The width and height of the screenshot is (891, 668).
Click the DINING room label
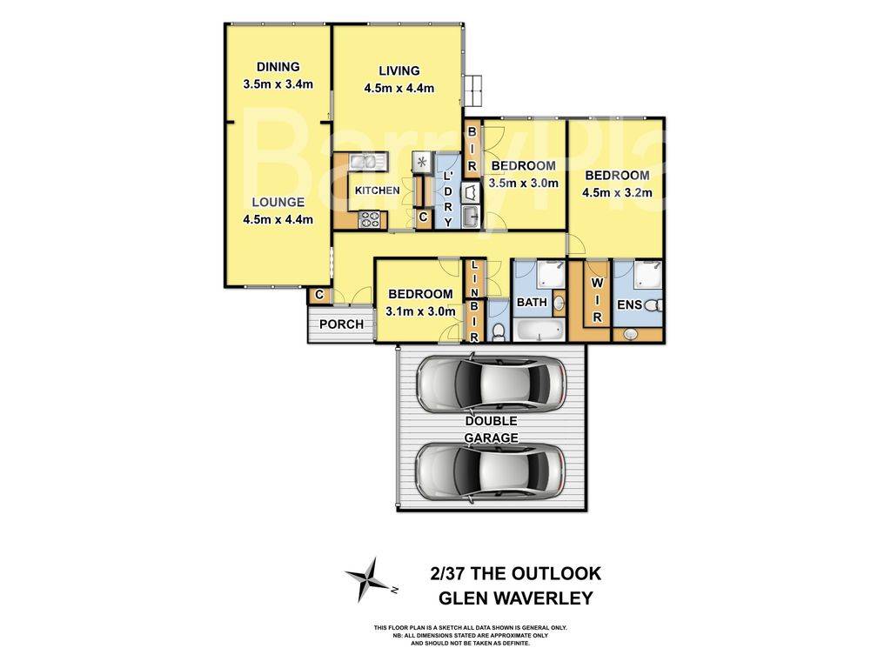[278, 67]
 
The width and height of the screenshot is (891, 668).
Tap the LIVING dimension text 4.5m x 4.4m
[399, 87]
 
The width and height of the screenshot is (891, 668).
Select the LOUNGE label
[274, 202]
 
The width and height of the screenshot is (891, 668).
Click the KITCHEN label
[377, 190]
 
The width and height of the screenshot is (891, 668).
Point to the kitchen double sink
[365, 161]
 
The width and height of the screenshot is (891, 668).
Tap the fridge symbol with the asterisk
[422, 162]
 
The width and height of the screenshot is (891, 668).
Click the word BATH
[532, 303]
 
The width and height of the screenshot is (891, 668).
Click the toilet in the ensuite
[654, 305]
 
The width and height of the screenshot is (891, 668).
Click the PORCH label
[341, 324]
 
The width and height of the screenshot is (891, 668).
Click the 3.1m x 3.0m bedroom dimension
[420, 311]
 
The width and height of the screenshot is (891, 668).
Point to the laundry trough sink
[470, 217]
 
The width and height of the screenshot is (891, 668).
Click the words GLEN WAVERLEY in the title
[515, 598]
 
